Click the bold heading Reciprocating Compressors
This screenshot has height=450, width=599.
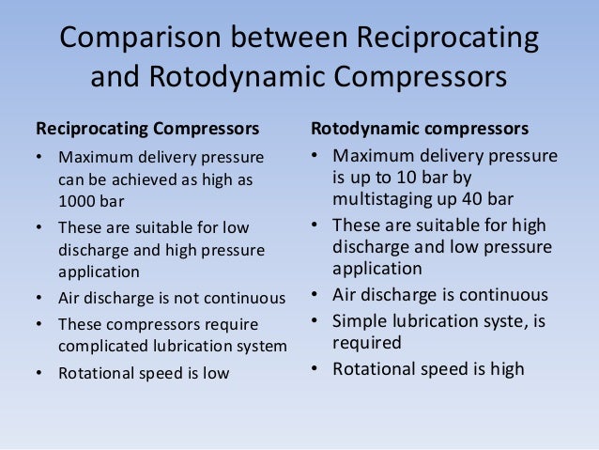point(147,127)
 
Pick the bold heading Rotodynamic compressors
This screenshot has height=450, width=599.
point(419,127)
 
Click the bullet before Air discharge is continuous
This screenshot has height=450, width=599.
point(315,295)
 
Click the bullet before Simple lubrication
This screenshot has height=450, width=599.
point(315,319)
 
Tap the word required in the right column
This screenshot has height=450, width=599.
point(366,342)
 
